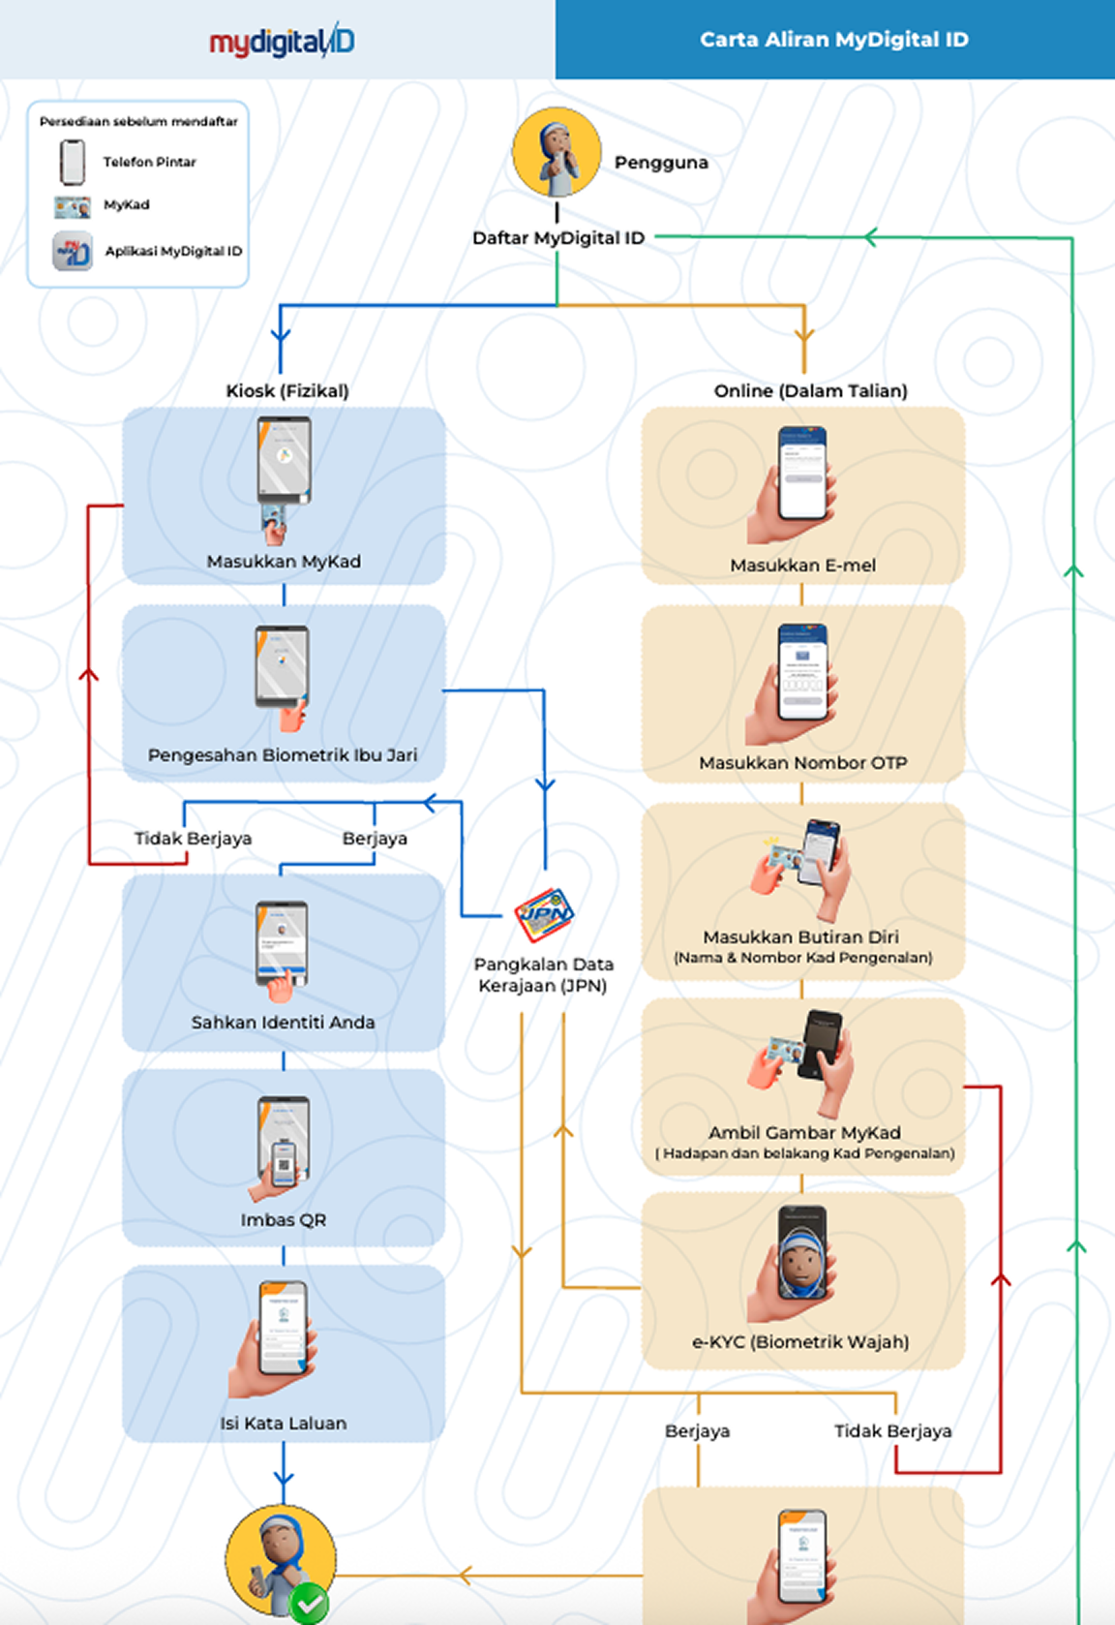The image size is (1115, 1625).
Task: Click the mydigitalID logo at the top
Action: click(282, 41)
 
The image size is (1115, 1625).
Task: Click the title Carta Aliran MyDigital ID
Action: click(833, 40)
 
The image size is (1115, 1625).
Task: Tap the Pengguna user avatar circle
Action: click(557, 153)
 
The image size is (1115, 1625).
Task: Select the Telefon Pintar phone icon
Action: click(73, 162)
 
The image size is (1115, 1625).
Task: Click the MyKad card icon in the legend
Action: click(73, 206)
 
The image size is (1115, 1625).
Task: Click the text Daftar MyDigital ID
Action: click(558, 238)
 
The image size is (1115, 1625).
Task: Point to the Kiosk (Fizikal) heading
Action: click(286, 391)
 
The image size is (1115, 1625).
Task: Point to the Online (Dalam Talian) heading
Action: click(810, 391)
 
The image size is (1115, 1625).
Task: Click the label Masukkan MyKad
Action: click(284, 562)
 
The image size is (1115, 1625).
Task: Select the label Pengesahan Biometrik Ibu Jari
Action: click(283, 755)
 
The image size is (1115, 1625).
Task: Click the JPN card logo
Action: click(544, 914)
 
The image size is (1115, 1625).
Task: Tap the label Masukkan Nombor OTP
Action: click(802, 763)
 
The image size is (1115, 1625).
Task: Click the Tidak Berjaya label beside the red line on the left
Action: click(193, 839)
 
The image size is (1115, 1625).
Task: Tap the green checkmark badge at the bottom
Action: click(309, 1605)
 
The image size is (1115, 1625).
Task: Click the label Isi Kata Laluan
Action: click(283, 1424)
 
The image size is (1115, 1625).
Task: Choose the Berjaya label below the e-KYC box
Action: click(697, 1431)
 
